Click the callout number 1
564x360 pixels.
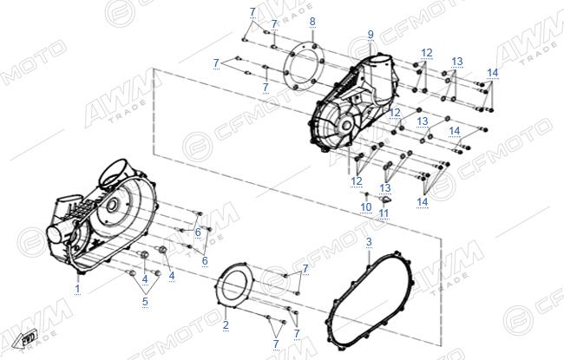pos(77,288)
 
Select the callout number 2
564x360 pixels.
pos(226,324)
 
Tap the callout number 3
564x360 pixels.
pos(369,242)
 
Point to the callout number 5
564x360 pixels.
pos(145,301)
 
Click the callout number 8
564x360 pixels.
pos(312,22)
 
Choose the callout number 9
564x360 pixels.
pos(371,35)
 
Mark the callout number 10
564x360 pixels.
pos(366,207)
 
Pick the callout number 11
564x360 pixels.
pos(384,213)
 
